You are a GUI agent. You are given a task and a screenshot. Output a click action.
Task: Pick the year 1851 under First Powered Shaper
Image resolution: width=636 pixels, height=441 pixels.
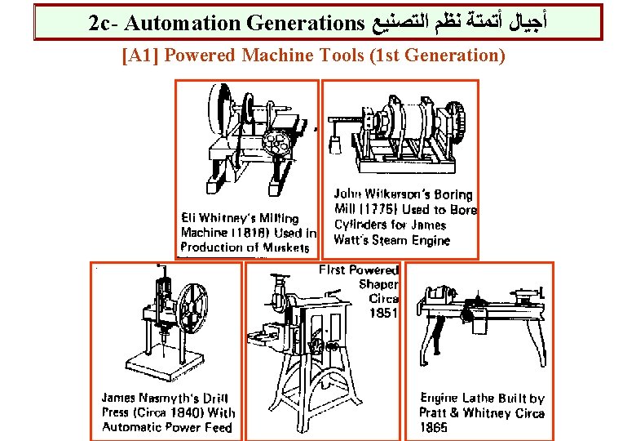(x=383, y=313)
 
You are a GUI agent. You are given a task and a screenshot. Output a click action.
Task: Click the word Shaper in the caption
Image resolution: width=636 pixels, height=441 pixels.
(x=379, y=284)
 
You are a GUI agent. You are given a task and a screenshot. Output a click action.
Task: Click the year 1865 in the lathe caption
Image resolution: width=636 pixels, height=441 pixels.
(x=434, y=427)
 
